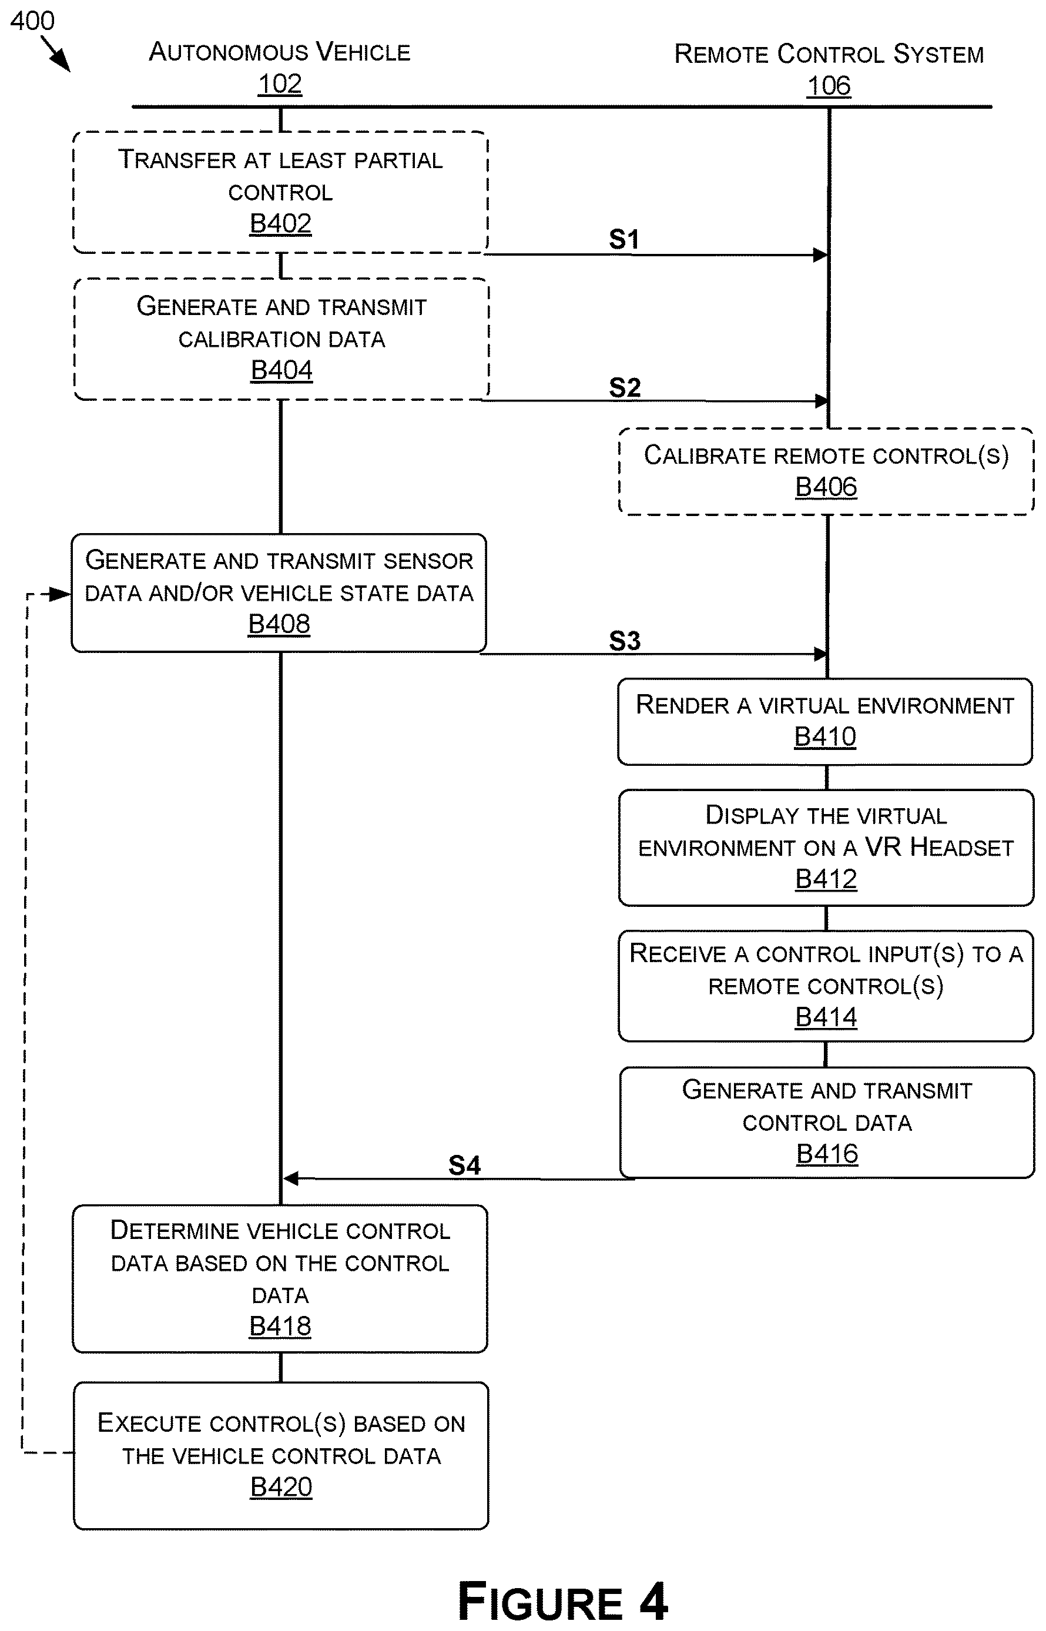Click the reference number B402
tap(280, 223)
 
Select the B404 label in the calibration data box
tap(281, 370)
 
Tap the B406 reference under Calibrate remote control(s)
tap(826, 487)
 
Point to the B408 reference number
tap(279, 624)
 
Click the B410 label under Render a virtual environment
tap(825, 736)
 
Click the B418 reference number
tap(280, 1326)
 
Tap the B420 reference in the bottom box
tap(281, 1487)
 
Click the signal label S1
tap(624, 239)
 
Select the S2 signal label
tap(625, 388)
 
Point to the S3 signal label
tap(625, 641)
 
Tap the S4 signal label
tap(465, 1166)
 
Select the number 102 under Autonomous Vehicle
tap(280, 84)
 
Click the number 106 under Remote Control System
tap(829, 86)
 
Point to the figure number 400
tap(32, 21)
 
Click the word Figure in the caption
tap(541, 1601)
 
